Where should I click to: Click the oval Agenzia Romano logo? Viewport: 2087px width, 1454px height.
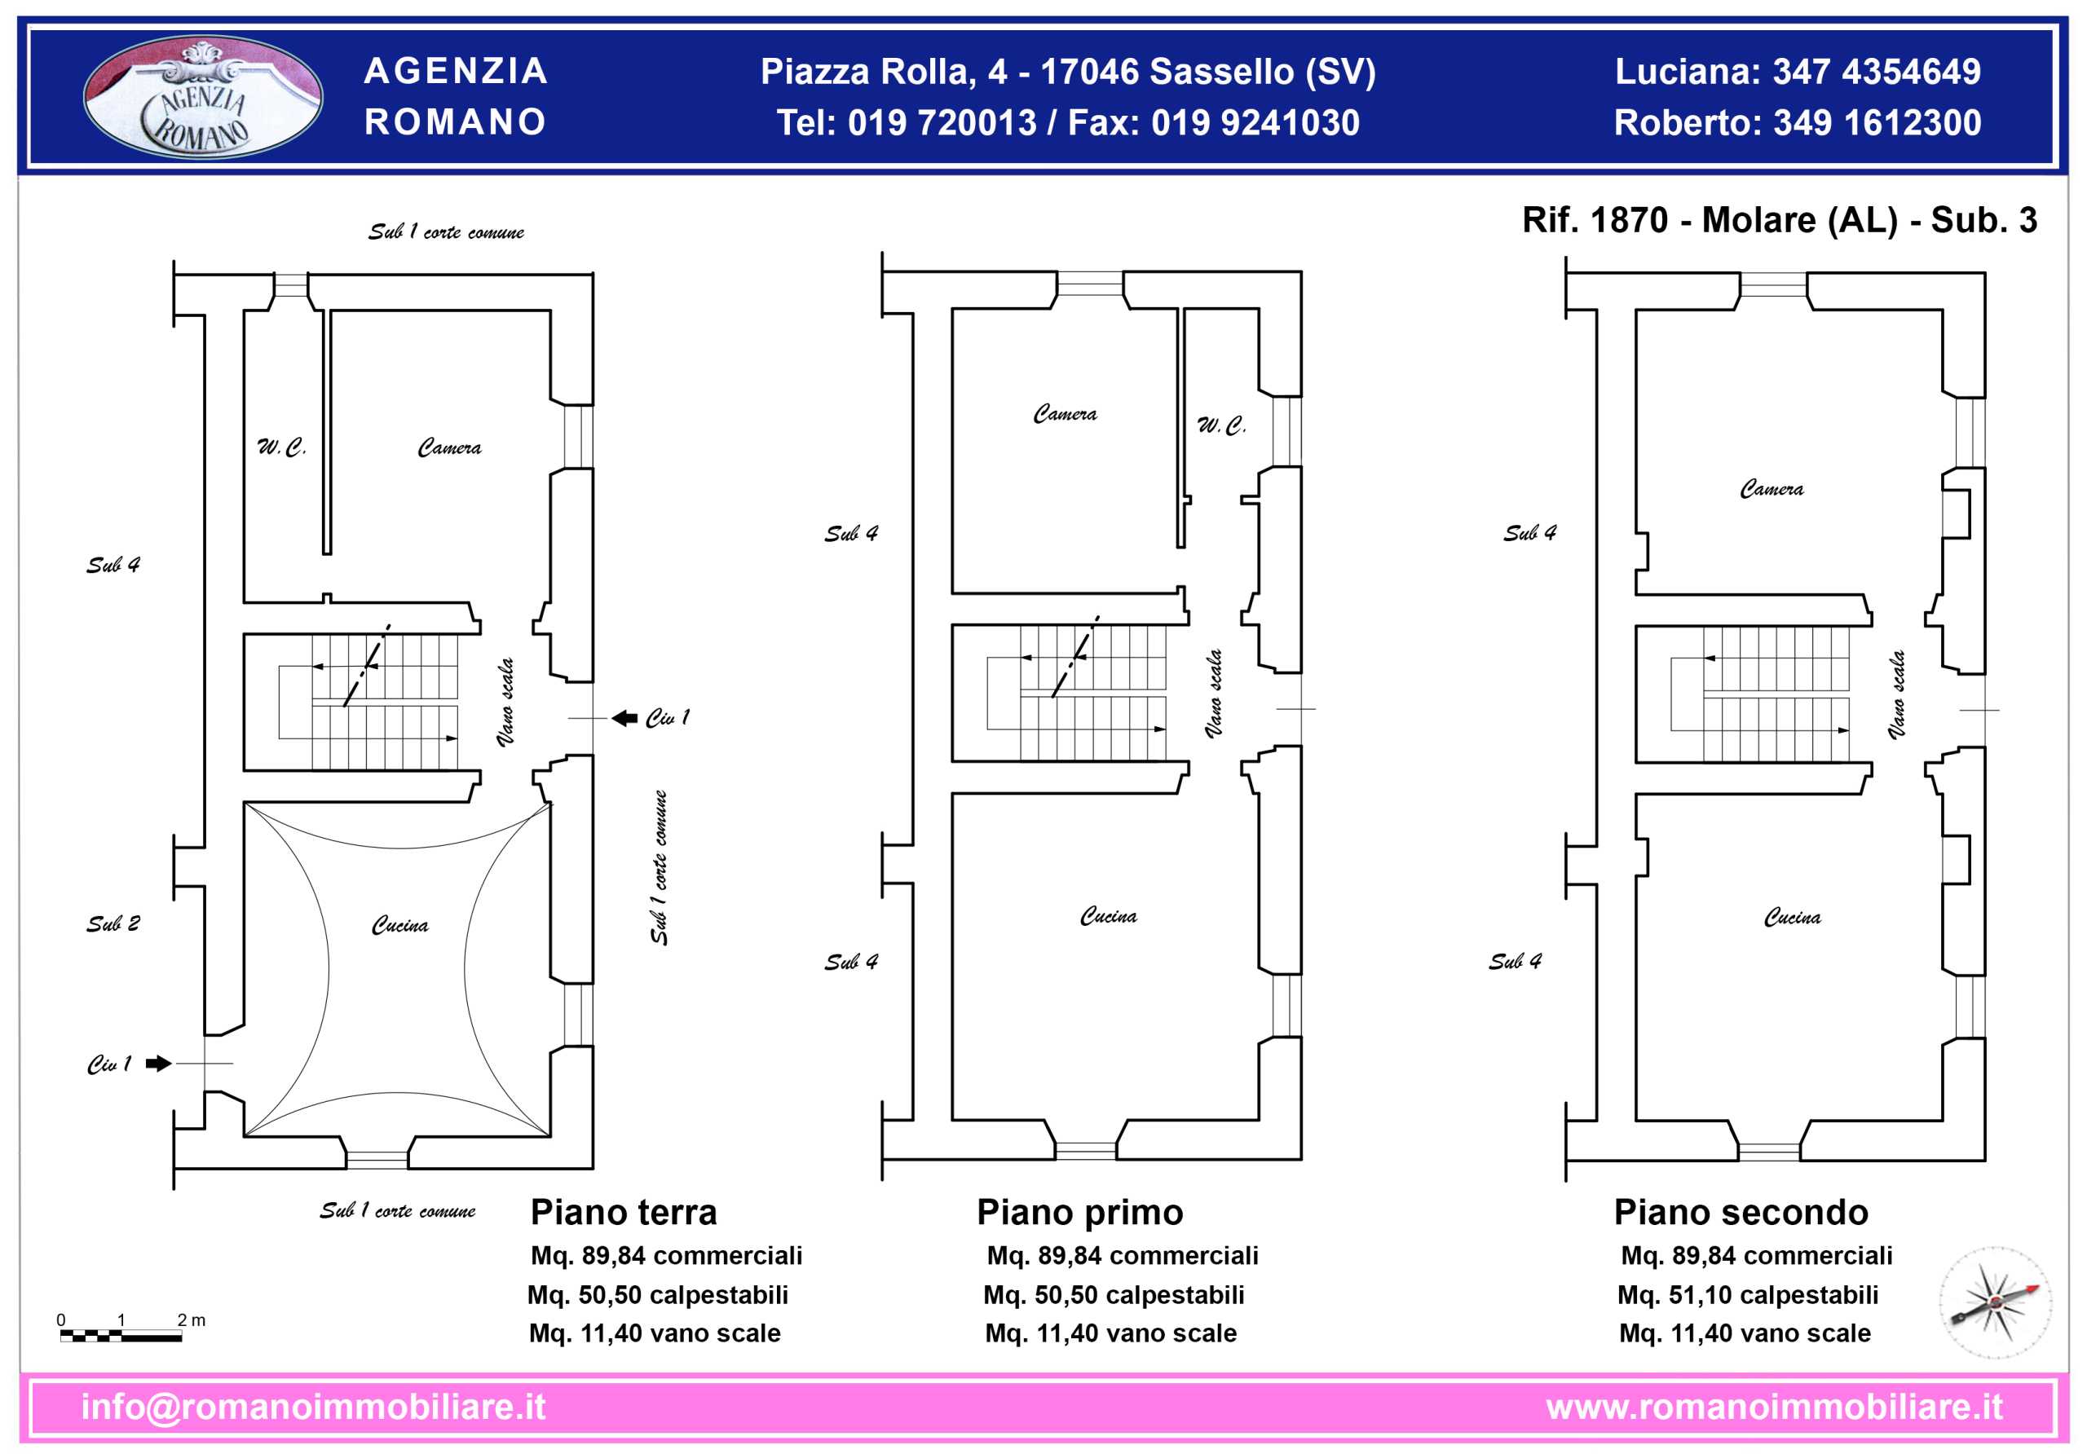202,96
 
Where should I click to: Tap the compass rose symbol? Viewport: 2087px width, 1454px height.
1995,1302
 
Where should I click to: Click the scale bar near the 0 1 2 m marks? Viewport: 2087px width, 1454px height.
121,1336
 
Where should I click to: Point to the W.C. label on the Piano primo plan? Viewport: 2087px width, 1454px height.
1220,425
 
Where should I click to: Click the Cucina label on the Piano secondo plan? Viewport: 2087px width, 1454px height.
1792,917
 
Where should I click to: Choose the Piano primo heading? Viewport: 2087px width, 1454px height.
1080,1212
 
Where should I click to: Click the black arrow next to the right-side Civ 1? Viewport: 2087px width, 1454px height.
624,718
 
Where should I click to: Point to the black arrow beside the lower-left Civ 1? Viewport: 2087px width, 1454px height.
158,1064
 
